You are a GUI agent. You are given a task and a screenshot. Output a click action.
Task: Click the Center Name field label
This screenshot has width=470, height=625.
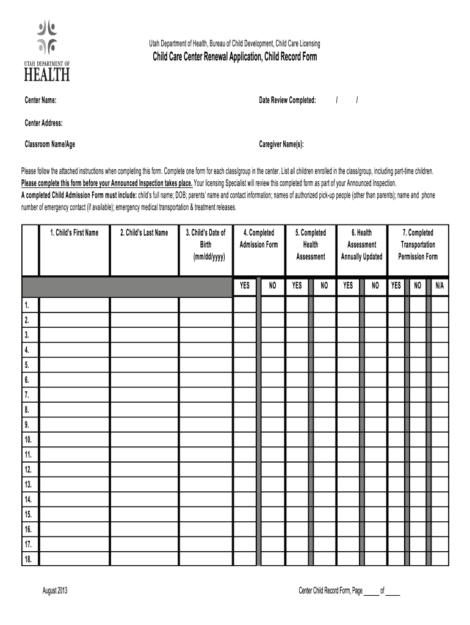[x=40, y=100]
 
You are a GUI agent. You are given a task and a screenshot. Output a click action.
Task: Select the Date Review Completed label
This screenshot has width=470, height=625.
[x=287, y=100]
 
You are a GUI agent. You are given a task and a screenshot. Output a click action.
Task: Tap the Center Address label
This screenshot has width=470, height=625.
[x=43, y=123]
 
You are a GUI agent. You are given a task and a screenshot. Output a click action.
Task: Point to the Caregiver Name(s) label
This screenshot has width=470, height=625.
[x=281, y=145]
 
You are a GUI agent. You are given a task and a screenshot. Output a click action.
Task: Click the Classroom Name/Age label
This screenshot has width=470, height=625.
[x=50, y=145]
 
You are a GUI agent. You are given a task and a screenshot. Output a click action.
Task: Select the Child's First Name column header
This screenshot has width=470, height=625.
[x=74, y=233]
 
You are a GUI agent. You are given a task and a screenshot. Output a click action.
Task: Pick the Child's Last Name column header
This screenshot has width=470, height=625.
[x=144, y=233]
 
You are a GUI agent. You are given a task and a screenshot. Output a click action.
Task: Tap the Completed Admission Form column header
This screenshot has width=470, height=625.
[x=259, y=239]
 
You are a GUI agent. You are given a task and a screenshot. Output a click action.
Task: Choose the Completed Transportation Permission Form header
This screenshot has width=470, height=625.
[x=418, y=244]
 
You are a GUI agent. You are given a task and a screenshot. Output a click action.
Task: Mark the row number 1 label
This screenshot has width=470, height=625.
[x=27, y=305]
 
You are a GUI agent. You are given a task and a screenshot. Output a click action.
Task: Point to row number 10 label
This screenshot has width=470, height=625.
[x=28, y=439]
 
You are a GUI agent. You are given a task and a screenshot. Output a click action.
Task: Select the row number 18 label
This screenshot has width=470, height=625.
[x=28, y=559]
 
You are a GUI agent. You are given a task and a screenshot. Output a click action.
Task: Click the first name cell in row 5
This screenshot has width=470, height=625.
[x=74, y=365]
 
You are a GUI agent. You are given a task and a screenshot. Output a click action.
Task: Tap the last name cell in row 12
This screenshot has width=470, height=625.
[x=144, y=470]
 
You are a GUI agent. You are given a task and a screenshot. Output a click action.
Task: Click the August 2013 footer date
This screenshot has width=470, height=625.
[x=55, y=591]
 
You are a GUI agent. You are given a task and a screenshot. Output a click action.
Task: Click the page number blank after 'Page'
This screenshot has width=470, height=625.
[x=371, y=591]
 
